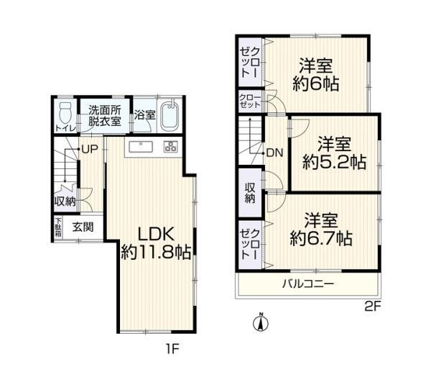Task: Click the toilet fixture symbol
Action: click(65, 113)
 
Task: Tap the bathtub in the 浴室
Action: click(170, 116)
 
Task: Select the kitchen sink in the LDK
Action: click(141, 147)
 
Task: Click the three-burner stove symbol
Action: click(171, 147)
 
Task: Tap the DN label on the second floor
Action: click(275, 153)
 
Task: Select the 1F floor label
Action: click(172, 349)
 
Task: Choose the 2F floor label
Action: click(372, 307)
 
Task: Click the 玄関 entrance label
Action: click(83, 227)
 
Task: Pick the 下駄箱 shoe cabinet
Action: click(58, 227)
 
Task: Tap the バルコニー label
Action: click(308, 283)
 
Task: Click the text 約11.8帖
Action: click(157, 252)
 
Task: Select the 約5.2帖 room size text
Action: click(335, 162)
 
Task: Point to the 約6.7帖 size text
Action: click(321, 239)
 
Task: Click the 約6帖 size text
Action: click(315, 83)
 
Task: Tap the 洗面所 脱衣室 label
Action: click(105, 116)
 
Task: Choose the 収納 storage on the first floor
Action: click(65, 201)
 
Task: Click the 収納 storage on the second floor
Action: click(250, 193)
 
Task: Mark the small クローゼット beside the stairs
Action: click(250, 101)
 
